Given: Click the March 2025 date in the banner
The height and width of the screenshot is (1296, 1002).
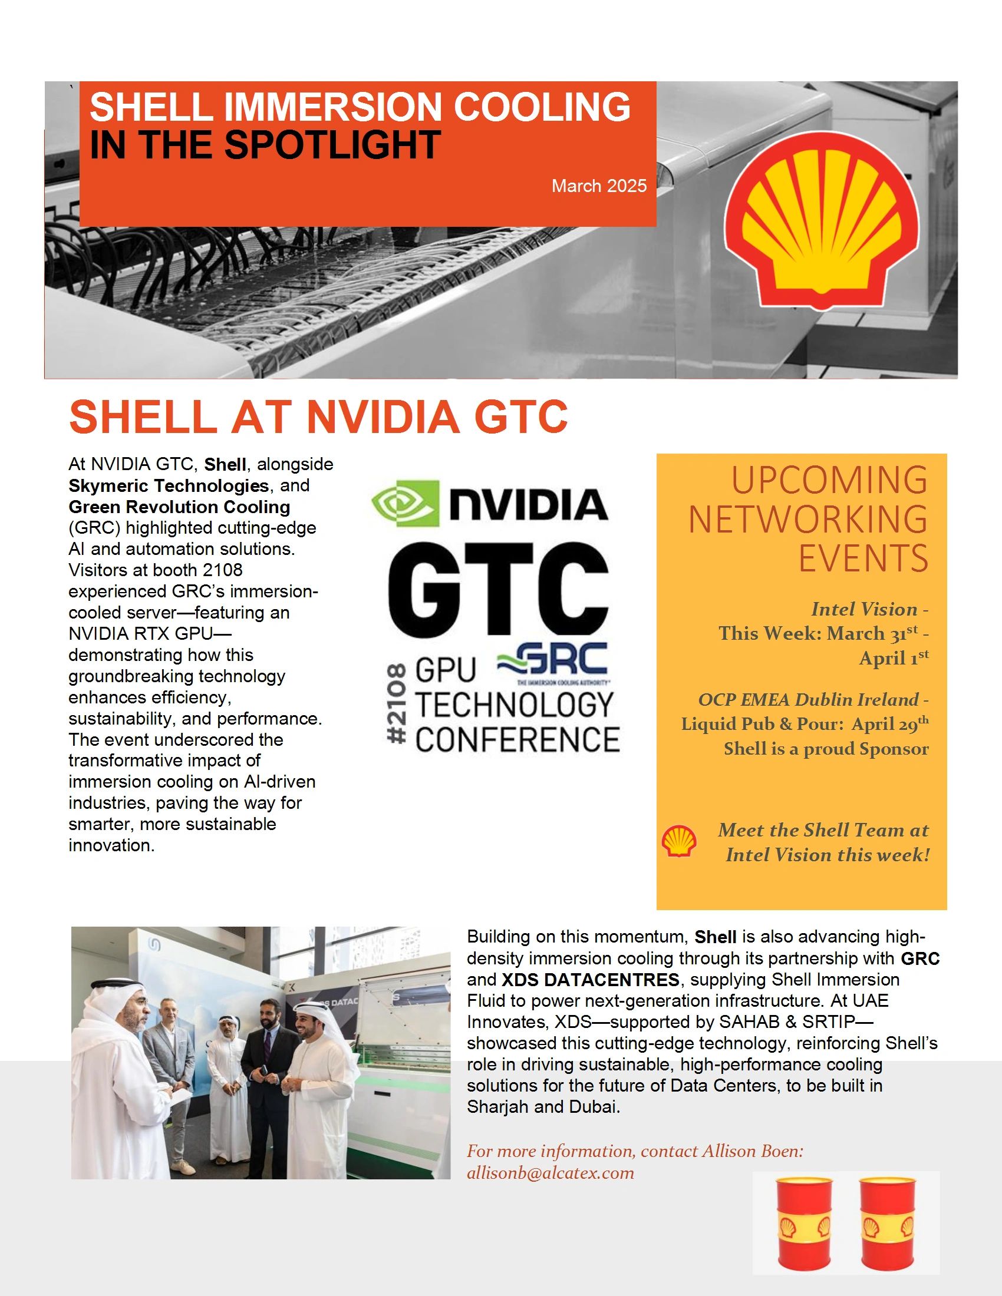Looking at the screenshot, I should click(x=599, y=186).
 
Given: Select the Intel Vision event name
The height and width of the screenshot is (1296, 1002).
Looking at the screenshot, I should click(x=863, y=610).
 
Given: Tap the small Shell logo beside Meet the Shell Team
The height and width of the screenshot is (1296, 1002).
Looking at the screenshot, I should click(x=678, y=841).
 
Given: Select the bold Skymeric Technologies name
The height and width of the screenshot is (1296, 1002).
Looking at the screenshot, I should click(x=169, y=485).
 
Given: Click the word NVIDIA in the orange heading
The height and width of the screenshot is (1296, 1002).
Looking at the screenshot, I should click(x=383, y=416).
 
